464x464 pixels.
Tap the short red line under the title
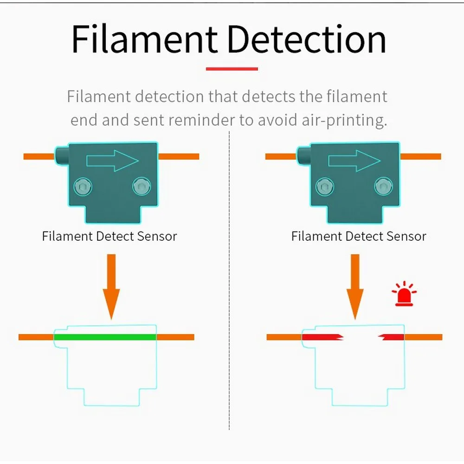click(x=232, y=69)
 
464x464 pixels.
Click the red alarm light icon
click(x=404, y=294)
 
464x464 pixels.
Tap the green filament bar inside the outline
click(x=105, y=337)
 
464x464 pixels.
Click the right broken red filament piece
click(x=392, y=337)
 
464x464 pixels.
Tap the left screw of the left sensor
click(x=83, y=187)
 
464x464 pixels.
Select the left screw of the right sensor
click(x=325, y=187)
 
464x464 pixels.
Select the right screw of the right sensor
click(x=383, y=187)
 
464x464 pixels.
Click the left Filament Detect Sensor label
click(x=110, y=236)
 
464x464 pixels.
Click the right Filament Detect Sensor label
click(x=359, y=236)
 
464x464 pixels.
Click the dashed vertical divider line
click(x=230, y=278)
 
